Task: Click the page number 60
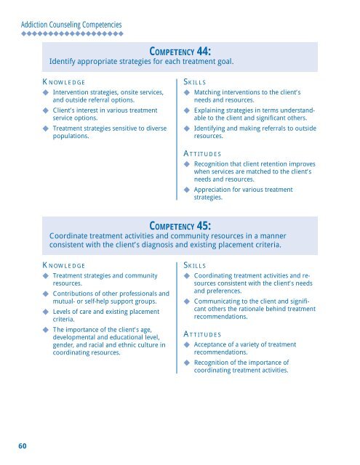point(23,445)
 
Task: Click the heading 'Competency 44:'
point(180,51)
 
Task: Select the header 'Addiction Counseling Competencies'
point(71,25)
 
